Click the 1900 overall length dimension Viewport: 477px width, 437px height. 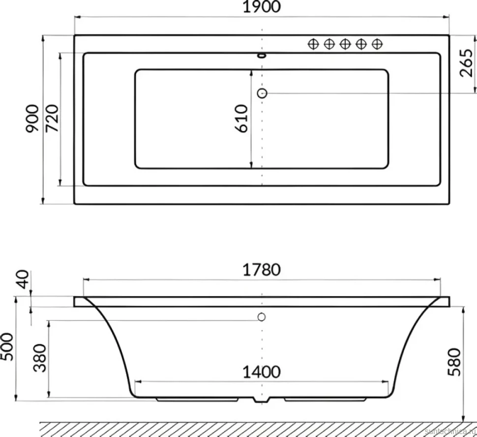click(262, 7)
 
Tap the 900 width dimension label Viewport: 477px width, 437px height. click(32, 118)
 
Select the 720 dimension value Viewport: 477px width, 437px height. click(52, 118)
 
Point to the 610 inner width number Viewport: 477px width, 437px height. click(241, 118)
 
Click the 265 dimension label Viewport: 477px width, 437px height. click(466, 63)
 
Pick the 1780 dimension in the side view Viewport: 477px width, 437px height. click(262, 270)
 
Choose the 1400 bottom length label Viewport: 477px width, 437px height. click(262, 372)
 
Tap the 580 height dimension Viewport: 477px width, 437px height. click(455, 362)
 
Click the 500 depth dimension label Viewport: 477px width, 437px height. click(7, 347)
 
